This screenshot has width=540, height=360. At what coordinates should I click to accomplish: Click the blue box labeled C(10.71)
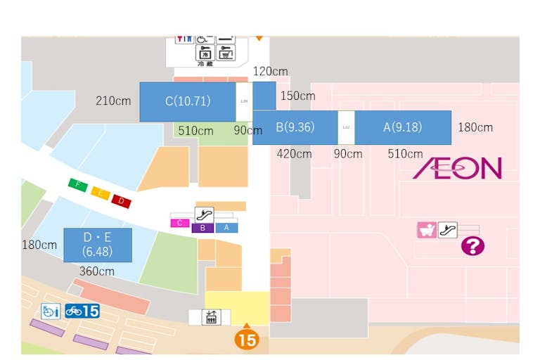[187, 101]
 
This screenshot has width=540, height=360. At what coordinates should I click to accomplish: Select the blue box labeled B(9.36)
[295, 127]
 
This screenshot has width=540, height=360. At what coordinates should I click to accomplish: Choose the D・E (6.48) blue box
[97, 245]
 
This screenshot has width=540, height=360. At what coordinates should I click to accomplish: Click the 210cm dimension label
[113, 101]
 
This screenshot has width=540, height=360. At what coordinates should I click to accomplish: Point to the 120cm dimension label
[270, 72]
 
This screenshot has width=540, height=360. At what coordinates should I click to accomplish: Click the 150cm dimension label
[297, 96]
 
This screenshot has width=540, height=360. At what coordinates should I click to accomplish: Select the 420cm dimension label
[294, 154]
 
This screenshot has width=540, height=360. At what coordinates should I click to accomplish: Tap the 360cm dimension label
[97, 271]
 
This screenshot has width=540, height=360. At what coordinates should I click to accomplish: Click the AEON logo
[457, 168]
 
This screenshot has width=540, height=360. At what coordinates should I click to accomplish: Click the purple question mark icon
[472, 246]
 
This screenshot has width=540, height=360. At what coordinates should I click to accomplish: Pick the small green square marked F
[77, 185]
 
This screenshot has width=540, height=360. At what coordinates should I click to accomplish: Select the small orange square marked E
[100, 193]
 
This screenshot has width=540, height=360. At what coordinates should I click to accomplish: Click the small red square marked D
[121, 202]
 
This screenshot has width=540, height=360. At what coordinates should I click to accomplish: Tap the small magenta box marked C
[180, 224]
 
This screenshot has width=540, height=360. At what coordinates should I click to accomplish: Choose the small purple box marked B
[202, 228]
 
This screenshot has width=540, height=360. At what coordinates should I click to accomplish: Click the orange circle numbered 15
[247, 340]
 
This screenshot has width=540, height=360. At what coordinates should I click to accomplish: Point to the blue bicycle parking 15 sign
[82, 311]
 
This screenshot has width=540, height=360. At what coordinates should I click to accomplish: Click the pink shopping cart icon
[426, 230]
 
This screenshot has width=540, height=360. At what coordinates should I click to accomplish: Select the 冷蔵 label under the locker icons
[205, 63]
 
